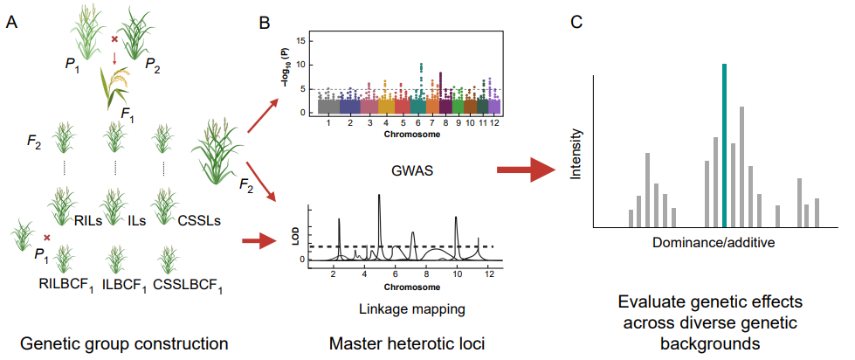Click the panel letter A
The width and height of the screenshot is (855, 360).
tap(11, 23)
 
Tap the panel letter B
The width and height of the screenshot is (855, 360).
tap(265, 23)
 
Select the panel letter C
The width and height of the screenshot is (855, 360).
tap(577, 22)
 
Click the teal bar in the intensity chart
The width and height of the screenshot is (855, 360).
tap(724, 144)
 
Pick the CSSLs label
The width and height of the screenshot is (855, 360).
tap(197, 220)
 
